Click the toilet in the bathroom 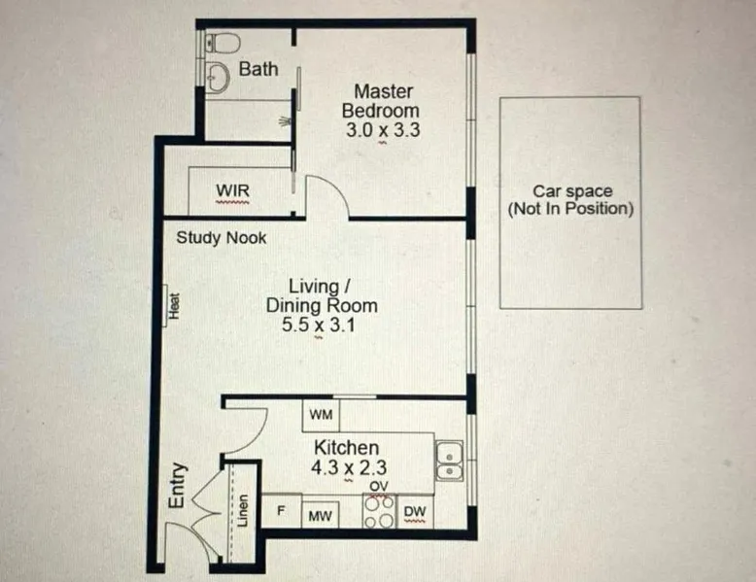tap(223, 43)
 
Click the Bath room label tap(258, 69)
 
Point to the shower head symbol tap(285, 120)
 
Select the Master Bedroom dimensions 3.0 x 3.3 tap(383, 130)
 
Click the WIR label tap(232, 190)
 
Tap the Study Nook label tap(222, 238)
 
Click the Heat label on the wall tap(174, 306)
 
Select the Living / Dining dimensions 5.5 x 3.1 tap(318, 325)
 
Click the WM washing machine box tap(321, 415)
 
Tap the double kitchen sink tap(449, 460)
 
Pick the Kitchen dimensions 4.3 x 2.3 tap(349, 467)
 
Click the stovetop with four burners tap(379, 511)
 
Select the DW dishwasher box tap(415, 512)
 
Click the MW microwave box tap(320, 516)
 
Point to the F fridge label tap(281, 510)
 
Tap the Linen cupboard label tap(244, 511)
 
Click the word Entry tap(178, 485)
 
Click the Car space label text tap(570, 200)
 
